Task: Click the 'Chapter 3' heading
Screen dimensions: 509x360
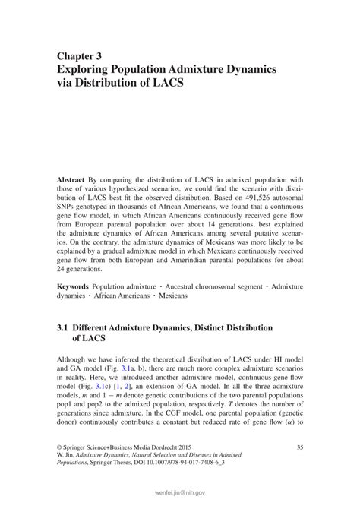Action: click(83, 56)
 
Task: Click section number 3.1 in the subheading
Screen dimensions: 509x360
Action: click(64, 328)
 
